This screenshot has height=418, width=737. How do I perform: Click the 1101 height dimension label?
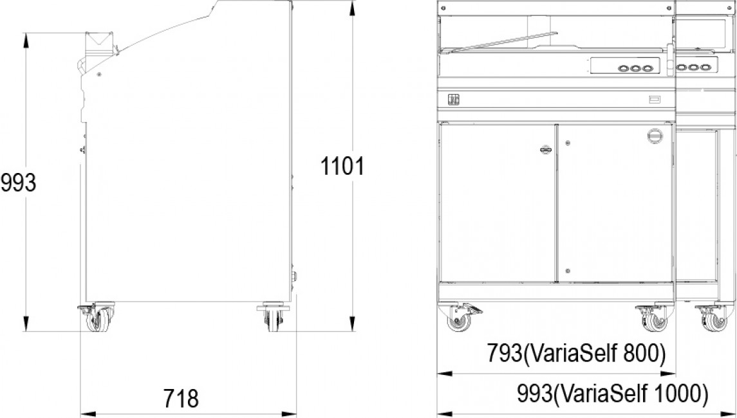(342, 166)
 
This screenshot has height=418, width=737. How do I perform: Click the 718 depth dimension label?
(181, 398)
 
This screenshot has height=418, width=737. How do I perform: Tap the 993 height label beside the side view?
(18, 182)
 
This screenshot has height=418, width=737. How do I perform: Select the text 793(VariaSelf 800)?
(576, 353)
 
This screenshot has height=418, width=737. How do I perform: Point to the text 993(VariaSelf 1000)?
(612, 394)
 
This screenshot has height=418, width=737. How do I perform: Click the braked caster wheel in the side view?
(97, 318)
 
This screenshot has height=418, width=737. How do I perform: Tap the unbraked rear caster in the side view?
(273, 318)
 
